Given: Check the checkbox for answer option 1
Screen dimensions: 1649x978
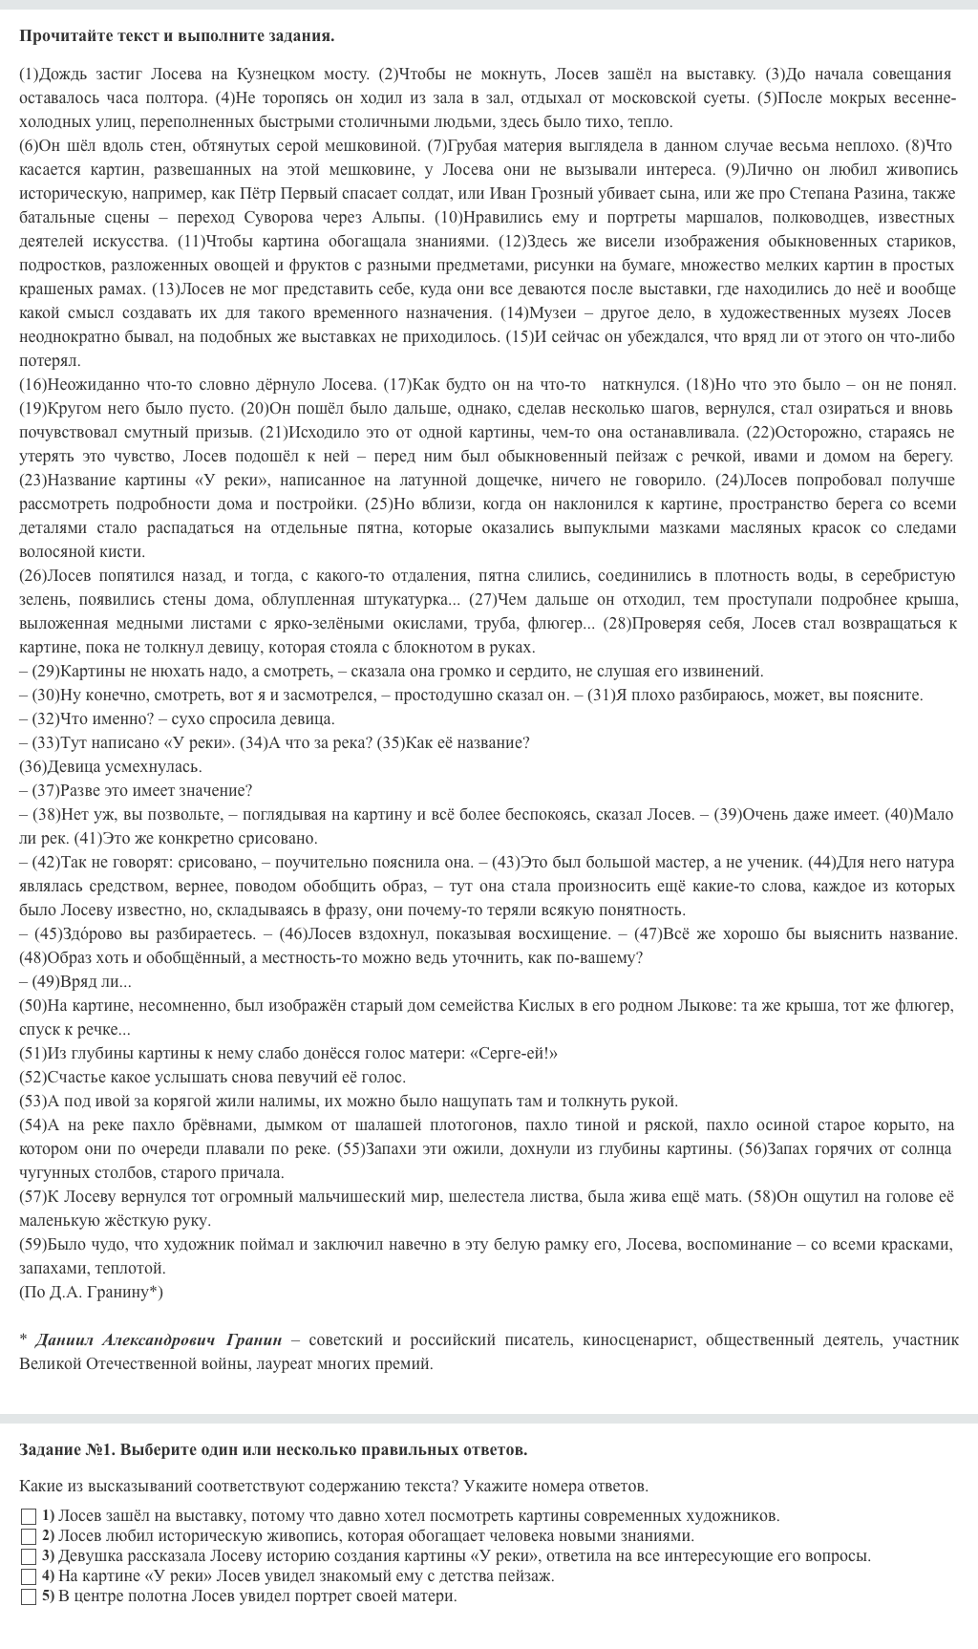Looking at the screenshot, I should click(29, 1516).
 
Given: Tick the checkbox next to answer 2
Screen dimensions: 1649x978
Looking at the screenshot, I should click(29, 1536).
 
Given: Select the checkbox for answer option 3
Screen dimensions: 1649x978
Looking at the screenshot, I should click(29, 1556).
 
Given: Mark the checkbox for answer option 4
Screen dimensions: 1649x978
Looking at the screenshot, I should click(29, 1576).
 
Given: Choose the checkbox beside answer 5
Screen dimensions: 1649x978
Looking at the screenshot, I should click(29, 1596).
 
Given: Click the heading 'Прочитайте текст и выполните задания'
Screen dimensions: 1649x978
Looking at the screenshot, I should click(177, 36).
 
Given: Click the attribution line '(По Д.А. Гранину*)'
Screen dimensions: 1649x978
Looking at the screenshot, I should click(92, 1292).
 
